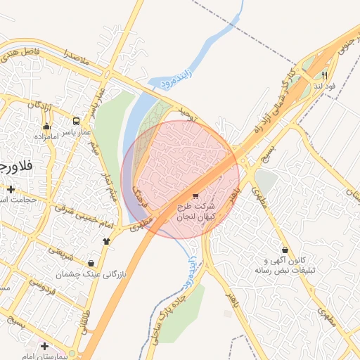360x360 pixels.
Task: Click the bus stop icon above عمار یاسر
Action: tap(76, 121)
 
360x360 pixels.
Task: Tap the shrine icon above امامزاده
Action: tap(47, 127)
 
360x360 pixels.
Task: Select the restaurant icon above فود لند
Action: tap(324, 75)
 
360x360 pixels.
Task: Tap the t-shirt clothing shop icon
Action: tap(106, 240)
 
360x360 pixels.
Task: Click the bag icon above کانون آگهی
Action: tap(284, 250)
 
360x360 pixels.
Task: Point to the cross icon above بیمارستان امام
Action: tap(44, 346)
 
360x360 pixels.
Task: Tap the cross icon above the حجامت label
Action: tap(11, 189)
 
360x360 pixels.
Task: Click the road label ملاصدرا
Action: tap(75, 58)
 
